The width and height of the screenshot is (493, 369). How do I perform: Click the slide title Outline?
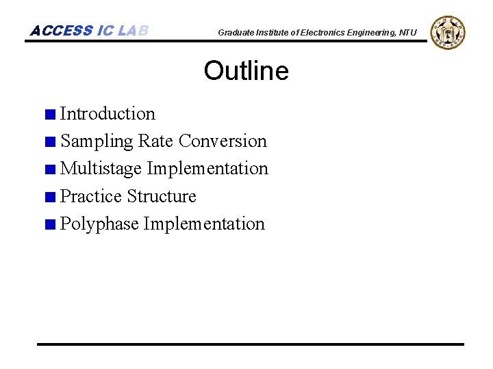246,71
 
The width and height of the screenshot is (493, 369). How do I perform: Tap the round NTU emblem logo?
448,32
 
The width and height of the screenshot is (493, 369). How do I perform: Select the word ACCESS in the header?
62,31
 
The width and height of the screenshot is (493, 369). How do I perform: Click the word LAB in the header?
133,31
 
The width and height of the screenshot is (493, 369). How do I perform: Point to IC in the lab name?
105,31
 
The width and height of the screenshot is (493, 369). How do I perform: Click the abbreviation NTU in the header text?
407,33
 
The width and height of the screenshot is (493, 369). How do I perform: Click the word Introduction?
108,113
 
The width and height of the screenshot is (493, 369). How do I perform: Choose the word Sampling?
97,141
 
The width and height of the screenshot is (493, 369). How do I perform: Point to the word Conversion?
223,141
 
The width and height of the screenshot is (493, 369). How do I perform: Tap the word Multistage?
101,169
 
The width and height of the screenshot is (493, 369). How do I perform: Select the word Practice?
91,197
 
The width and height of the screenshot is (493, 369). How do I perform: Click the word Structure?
162,197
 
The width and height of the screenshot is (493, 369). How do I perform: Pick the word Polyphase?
99,224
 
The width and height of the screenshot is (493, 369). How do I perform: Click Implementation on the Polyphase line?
204,224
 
